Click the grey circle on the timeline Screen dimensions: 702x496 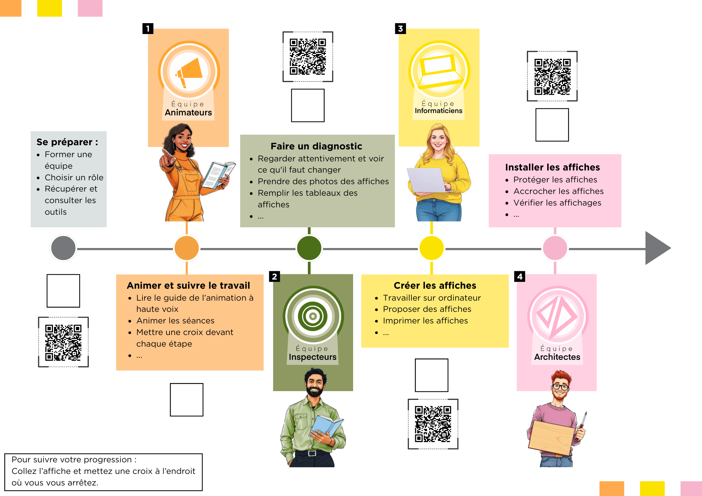click(x=63, y=248)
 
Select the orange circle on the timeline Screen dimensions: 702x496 click(x=187, y=248)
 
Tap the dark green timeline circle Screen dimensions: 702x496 click(x=309, y=248)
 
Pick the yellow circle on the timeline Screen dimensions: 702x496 click(x=432, y=248)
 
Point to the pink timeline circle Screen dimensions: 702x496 click(x=555, y=248)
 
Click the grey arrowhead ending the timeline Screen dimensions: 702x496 click(x=656, y=248)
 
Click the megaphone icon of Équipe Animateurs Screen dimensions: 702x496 click(x=189, y=72)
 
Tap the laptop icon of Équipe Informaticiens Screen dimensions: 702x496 click(x=439, y=72)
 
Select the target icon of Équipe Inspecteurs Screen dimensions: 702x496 click(x=313, y=316)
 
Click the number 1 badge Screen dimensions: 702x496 click(x=148, y=28)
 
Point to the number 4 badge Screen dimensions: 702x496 click(x=520, y=276)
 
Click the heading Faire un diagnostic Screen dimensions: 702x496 click(x=316, y=146)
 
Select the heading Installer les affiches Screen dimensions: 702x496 click(x=552, y=167)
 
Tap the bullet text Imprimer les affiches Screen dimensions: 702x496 click(x=425, y=321)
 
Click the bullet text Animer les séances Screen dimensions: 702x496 click(x=175, y=321)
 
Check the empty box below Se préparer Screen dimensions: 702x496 click(x=63, y=291)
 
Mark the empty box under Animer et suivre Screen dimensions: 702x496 click(x=187, y=400)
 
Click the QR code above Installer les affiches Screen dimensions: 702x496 click(x=552, y=76)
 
